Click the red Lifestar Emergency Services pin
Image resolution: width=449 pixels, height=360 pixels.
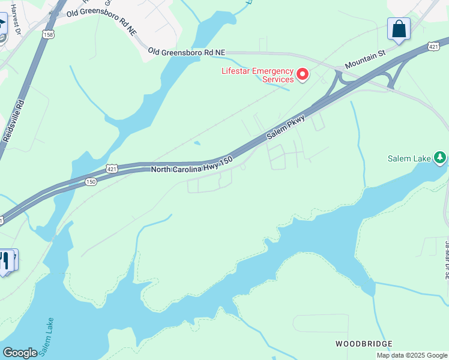303,75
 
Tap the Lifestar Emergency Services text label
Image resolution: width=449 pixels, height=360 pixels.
258,75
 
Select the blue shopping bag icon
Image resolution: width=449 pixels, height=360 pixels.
399,29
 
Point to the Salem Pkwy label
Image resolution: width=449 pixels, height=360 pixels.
286,127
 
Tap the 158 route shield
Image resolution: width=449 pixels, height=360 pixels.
47,35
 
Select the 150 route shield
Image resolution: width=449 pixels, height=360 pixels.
91,181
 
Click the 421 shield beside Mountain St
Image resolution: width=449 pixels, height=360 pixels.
434,46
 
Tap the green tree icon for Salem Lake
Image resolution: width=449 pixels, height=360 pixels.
441,158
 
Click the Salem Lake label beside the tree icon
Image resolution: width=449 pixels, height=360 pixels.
409,158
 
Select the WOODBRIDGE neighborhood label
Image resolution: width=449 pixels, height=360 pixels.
364,344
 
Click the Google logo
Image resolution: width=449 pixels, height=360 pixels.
20,352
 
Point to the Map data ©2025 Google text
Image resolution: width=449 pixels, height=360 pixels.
412,355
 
